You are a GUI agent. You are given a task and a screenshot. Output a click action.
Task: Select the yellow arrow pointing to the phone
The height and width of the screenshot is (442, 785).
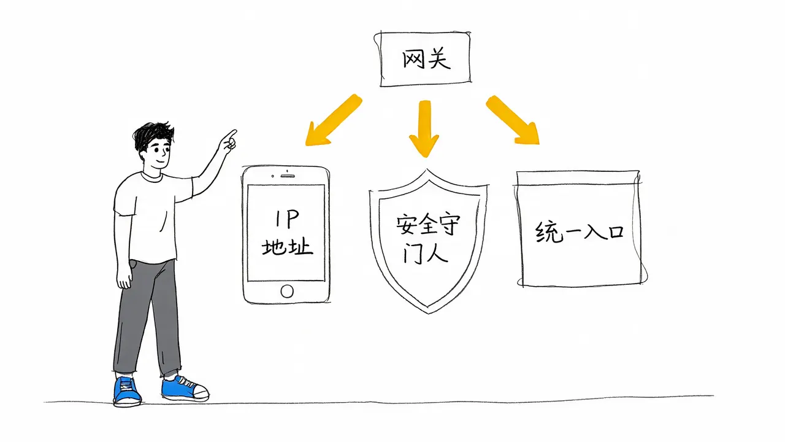tap(333, 120)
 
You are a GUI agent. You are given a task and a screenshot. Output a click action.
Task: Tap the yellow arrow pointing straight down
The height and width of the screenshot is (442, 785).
tap(424, 128)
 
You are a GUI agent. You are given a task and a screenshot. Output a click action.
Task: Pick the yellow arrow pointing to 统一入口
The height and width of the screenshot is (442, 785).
tap(512, 119)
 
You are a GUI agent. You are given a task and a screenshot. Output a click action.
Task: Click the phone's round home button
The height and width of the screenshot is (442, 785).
tap(287, 291)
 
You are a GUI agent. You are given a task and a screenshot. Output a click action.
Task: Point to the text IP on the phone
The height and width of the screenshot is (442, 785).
tap(286, 219)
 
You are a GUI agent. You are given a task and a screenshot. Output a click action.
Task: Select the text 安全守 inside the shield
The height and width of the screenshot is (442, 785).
tap(428, 225)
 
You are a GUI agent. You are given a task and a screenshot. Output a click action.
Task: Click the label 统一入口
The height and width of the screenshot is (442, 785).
tap(580, 231)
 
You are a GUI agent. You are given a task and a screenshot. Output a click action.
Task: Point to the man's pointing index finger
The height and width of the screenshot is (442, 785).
tap(231, 134)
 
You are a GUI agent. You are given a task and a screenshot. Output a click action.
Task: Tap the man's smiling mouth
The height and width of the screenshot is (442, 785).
tap(161, 161)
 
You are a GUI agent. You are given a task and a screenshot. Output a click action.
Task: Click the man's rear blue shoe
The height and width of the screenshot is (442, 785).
tap(127, 391)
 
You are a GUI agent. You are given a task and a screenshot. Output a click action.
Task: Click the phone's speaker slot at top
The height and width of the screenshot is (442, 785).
tap(288, 176)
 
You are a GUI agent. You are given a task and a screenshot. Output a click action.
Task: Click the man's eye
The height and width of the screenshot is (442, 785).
tap(157, 150)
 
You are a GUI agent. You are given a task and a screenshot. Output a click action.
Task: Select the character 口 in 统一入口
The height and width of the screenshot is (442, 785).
tap(616, 231)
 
